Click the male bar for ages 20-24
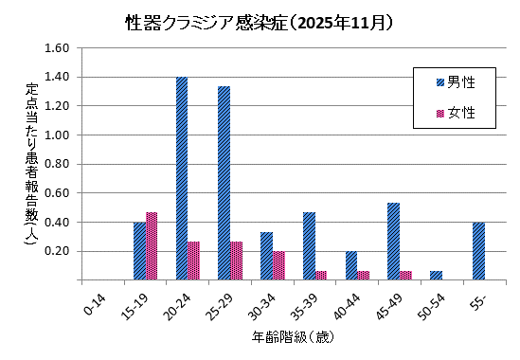tap(181, 179)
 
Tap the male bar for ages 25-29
tap(224, 184)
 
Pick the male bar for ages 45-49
tap(393, 242)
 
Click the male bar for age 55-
tap(478, 251)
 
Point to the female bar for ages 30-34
tap(278, 266)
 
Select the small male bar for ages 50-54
tap(436, 276)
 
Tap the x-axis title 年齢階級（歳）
tap(292, 337)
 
